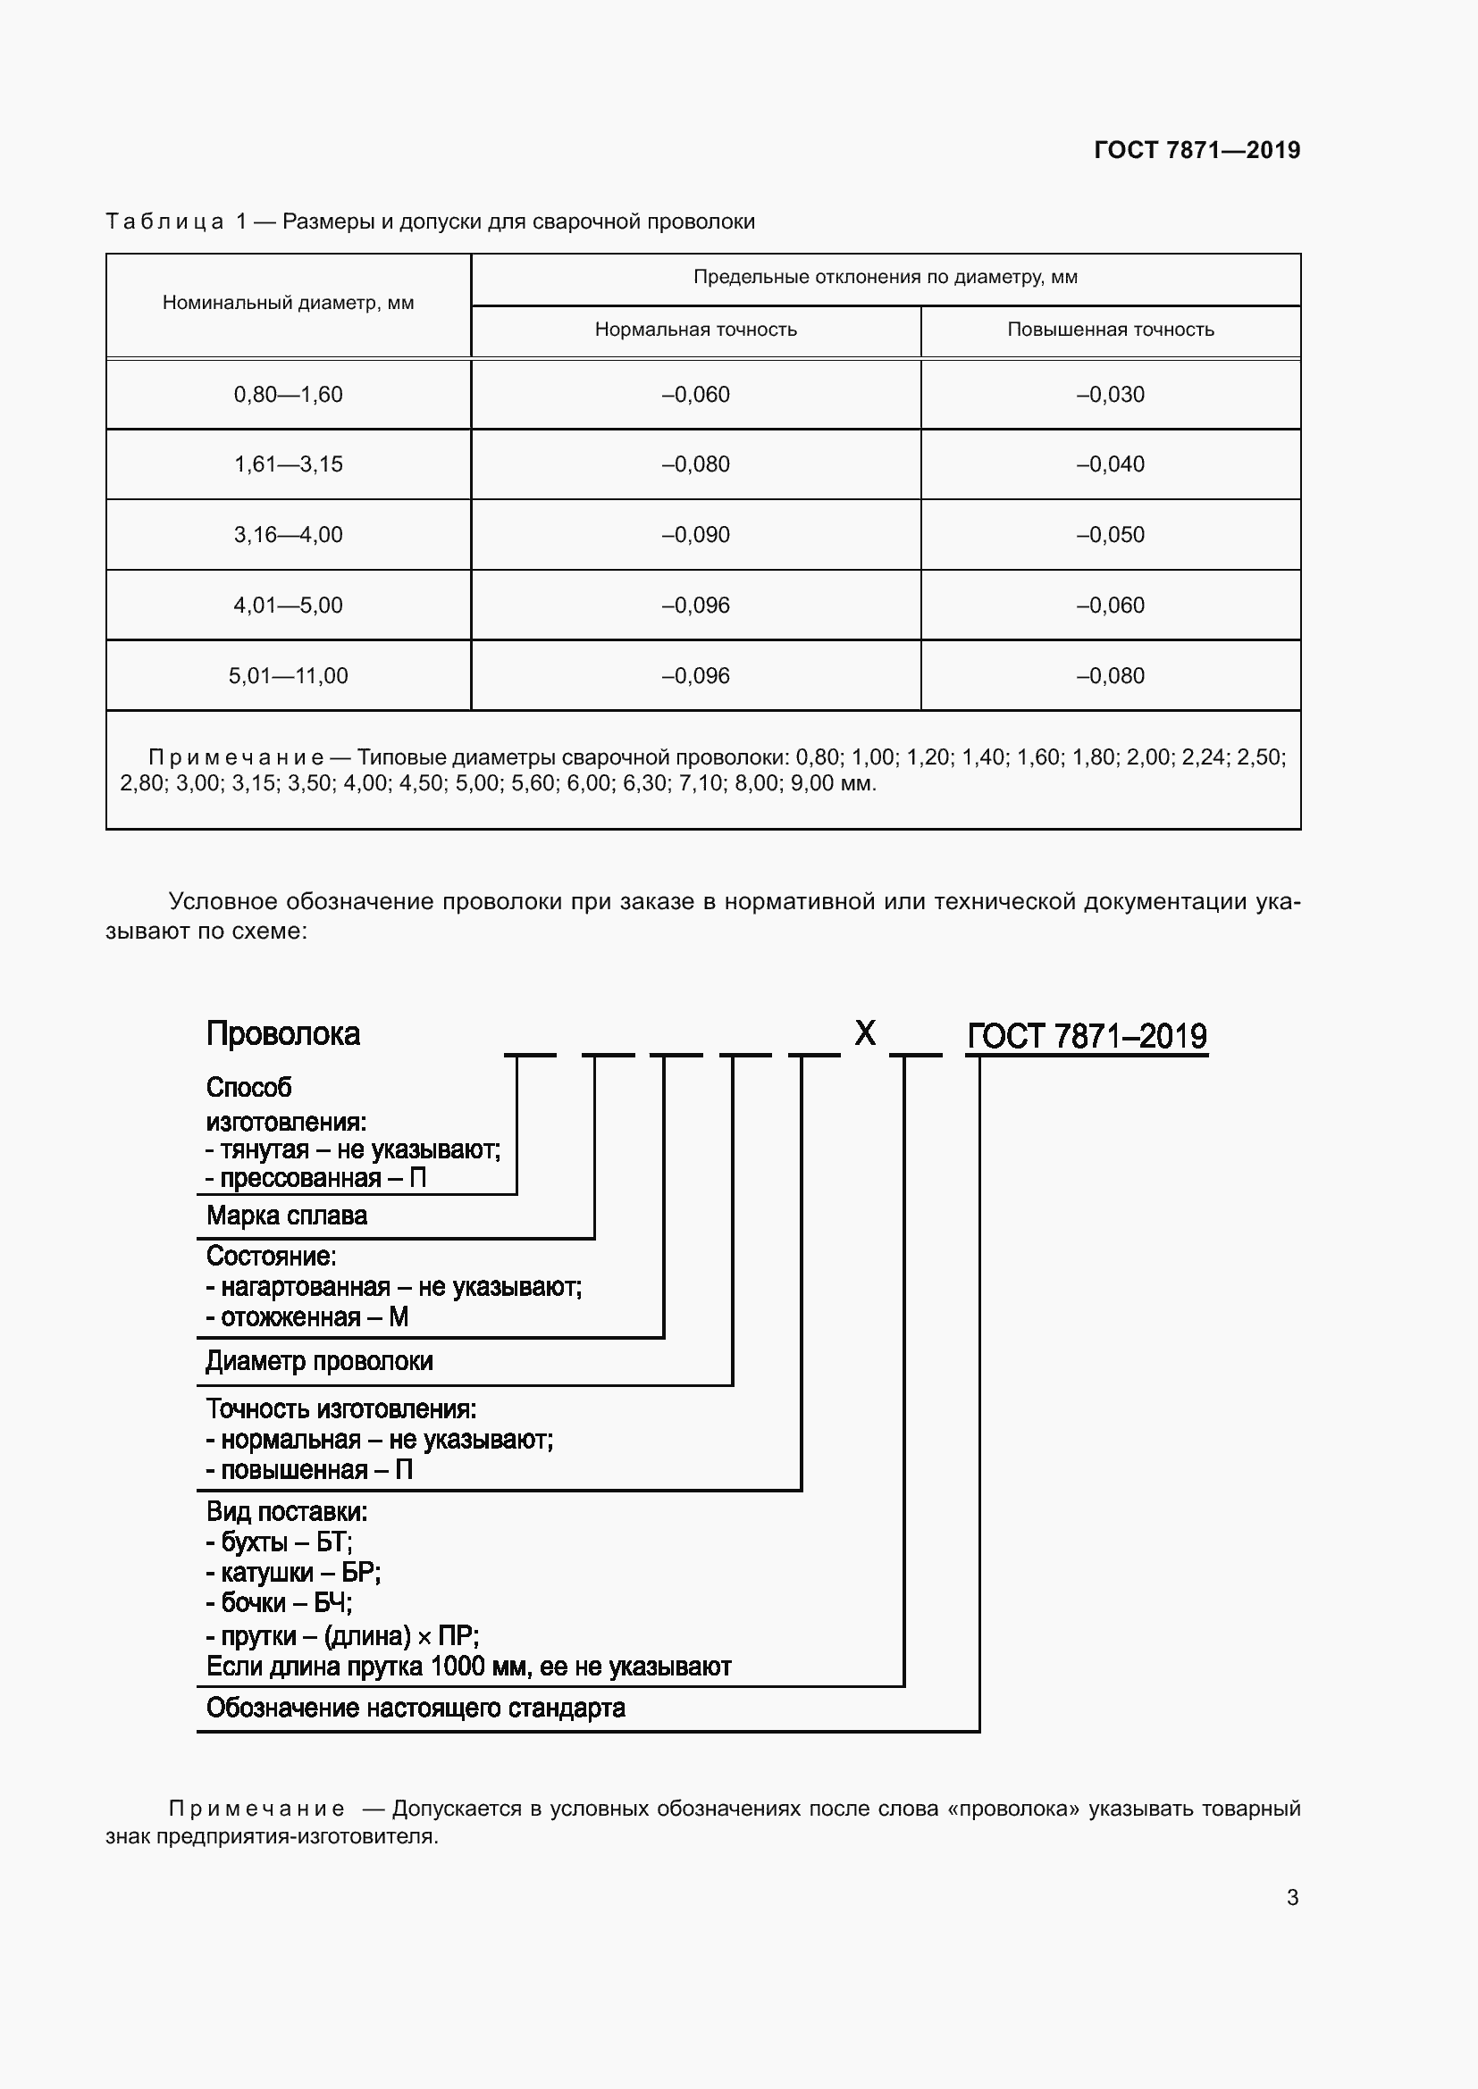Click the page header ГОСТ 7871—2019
(1197, 150)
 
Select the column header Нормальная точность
(695, 330)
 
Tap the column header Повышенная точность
(1111, 330)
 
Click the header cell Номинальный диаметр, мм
(288, 303)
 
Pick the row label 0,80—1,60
(288, 395)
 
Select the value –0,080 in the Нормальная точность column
(695, 464)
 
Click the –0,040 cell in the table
(1111, 464)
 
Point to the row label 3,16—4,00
(288, 535)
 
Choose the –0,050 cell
(1111, 535)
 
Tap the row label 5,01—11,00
(288, 676)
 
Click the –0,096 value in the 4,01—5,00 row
(695, 605)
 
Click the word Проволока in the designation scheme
(283, 1033)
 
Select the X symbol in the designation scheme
(865, 1032)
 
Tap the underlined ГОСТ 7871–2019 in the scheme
(1087, 1036)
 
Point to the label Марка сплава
(287, 1216)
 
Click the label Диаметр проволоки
(319, 1361)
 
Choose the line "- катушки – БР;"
(293, 1572)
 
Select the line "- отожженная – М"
(307, 1316)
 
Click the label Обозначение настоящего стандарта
(416, 1708)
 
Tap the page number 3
(1292, 1897)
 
